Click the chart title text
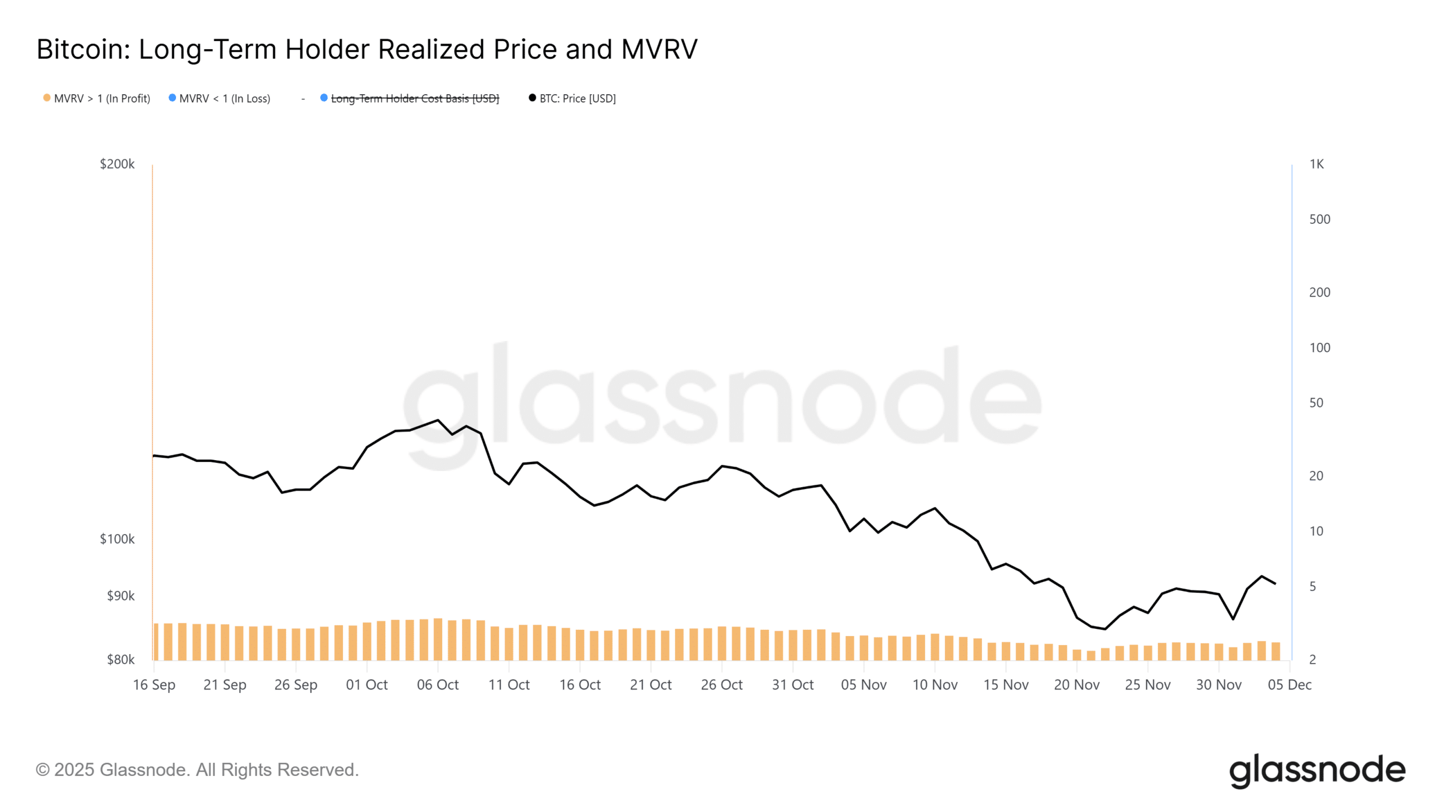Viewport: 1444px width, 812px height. (x=367, y=50)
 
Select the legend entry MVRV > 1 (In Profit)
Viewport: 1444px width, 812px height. (x=102, y=99)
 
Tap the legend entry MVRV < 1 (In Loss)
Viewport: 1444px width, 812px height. (x=224, y=99)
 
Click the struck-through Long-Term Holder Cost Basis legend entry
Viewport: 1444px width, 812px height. (x=415, y=99)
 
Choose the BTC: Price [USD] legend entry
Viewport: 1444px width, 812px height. (x=577, y=99)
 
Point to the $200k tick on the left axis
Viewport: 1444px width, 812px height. (x=117, y=164)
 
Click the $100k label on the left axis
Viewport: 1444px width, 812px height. (x=117, y=539)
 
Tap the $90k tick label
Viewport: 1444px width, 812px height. (x=121, y=596)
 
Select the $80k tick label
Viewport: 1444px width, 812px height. (x=121, y=659)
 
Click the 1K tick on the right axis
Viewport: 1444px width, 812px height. (x=1317, y=164)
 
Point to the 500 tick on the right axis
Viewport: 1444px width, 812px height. (x=1319, y=219)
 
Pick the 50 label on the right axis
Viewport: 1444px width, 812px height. (x=1316, y=403)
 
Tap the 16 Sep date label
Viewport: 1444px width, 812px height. (x=154, y=685)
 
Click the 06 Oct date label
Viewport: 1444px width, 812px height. (x=438, y=685)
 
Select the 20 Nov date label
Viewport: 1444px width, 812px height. (x=1076, y=685)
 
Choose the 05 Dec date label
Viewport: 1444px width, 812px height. (x=1289, y=685)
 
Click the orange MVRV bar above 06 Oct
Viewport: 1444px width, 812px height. (x=438, y=639)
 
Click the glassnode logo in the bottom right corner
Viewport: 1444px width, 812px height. (x=1317, y=770)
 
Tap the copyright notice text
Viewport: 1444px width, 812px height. (x=197, y=770)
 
